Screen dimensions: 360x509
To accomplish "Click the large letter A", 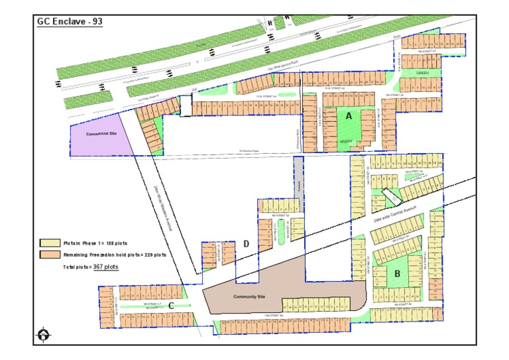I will click(x=348, y=115).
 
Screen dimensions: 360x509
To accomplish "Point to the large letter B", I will click(x=398, y=272).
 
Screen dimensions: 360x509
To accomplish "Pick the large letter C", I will click(x=171, y=306).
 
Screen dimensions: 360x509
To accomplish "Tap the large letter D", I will click(x=246, y=244).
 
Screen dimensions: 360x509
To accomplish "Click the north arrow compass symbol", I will click(x=44, y=335).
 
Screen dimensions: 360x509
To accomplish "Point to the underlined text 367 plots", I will click(x=105, y=267).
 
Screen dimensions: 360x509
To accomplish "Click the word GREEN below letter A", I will click(x=345, y=141).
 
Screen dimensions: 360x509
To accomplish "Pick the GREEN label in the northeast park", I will click(x=422, y=72).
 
